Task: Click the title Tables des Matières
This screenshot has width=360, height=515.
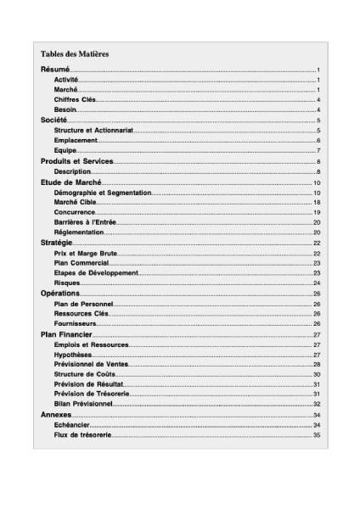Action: tap(75, 53)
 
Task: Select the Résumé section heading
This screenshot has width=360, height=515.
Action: tap(55, 69)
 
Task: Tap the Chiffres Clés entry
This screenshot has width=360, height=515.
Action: tap(75, 100)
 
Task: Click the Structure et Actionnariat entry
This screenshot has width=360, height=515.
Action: tap(93, 131)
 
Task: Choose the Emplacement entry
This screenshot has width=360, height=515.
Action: tap(76, 140)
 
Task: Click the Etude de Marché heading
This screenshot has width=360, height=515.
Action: tap(71, 182)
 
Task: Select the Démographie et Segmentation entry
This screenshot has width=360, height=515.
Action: tap(102, 193)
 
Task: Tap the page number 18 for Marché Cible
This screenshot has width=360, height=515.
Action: tap(316, 203)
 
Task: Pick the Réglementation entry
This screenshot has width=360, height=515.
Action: tap(79, 232)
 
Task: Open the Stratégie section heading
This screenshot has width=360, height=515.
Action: tap(57, 243)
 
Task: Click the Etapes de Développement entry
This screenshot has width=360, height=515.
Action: tap(95, 273)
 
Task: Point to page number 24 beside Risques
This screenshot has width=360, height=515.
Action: tap(316, 283)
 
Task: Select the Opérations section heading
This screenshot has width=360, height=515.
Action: tap(60, 294)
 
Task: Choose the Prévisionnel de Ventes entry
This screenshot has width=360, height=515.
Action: tap(91, 364)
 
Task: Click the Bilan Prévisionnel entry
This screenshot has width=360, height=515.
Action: tap(84, 404)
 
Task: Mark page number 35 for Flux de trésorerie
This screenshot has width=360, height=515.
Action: tap(316, 435)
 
